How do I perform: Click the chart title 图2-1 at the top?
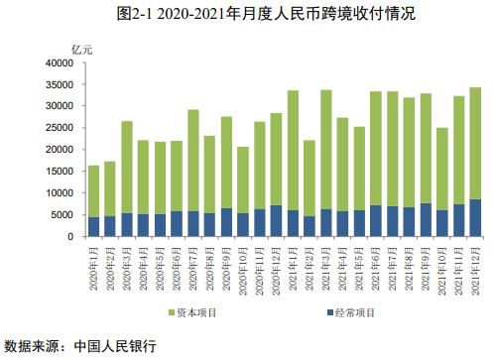tap(248, 14)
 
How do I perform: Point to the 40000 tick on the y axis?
tap(59, 62)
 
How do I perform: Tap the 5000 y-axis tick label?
tap(62, 215)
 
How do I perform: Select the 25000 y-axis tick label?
tap(59, 128)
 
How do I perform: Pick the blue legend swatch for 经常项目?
tap(329, 313)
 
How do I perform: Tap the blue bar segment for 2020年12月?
tap(276, 221)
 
